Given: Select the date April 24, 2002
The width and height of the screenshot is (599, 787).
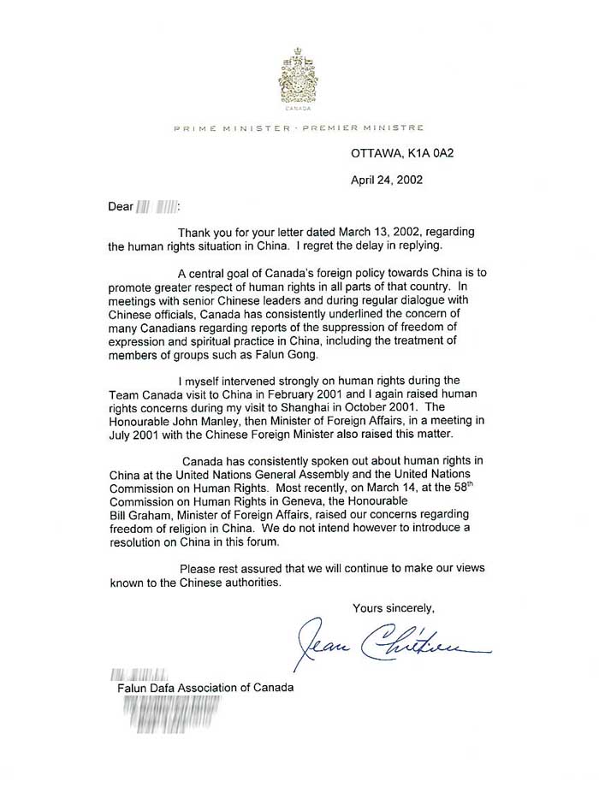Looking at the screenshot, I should coord(387,180).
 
